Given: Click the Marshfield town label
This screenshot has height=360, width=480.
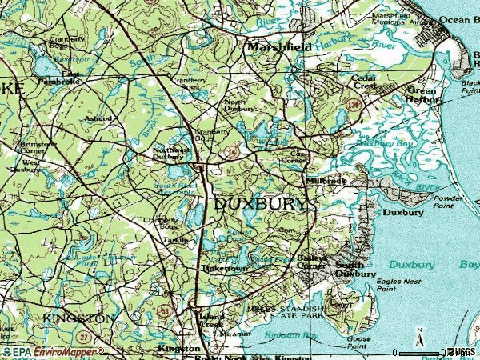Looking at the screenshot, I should pos(279,48).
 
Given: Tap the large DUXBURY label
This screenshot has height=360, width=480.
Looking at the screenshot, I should pos(261,204).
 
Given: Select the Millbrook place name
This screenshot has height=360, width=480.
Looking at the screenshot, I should pos(326,182).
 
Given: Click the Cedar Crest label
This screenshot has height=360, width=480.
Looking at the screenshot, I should pos(366,83).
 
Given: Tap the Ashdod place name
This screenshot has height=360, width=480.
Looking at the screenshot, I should pos(98,118).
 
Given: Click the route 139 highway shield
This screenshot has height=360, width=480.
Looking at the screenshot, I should pos(351,104).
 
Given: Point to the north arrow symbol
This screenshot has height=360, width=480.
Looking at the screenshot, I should pos(418,338).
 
